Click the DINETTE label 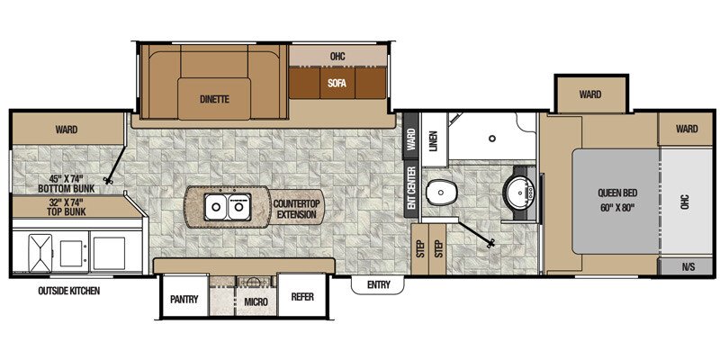(x=213, y=101)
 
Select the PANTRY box (x=184, y=296)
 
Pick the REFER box (x=301, y=296)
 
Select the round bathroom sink (x=519, y=192)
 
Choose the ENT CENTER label (x=411, y=188)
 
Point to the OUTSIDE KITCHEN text (x=68, y=292)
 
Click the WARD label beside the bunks (x=66, y=130)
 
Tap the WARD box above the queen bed (x=589, y=94)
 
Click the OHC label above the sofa (x=337, y=57)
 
